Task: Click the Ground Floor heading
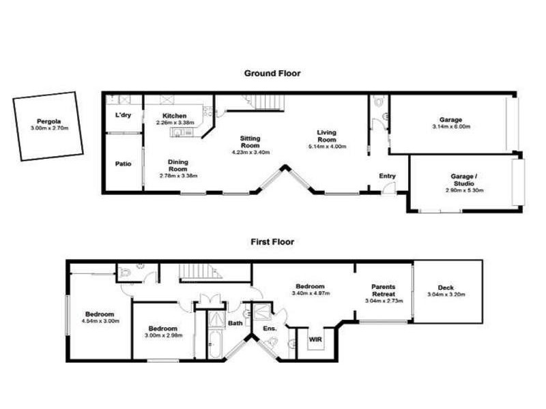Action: (272, 73)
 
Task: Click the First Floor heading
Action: (272, 241)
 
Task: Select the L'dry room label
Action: (123, 115)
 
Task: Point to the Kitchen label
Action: (175, 116)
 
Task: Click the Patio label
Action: (123, 164)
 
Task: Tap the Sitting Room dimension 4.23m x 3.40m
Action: (250, 152)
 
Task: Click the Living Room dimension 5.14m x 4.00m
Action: (328, 146)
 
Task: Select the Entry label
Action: (387, 177)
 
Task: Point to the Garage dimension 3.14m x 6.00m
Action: (451, 127)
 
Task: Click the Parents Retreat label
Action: (383, 290)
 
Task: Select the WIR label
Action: (315, 338)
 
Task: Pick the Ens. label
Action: (270, 329)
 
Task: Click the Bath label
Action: (235, 323)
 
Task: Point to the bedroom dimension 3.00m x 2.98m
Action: (163, 335)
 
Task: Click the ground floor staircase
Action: (256, 102)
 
